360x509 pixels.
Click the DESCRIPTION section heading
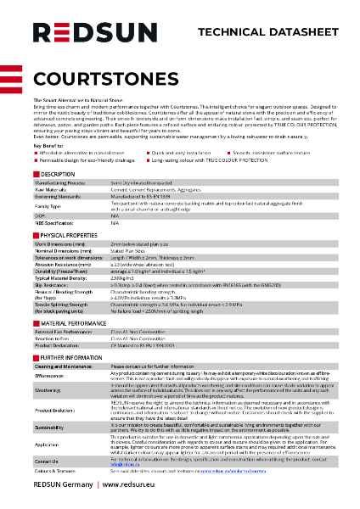coord(57,173)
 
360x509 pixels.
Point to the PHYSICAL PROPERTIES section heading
coord(68,233)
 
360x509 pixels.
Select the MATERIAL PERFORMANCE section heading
coord(73,323)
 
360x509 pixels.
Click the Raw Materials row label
coord(50,188)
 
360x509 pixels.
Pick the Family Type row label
coord(48,206)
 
